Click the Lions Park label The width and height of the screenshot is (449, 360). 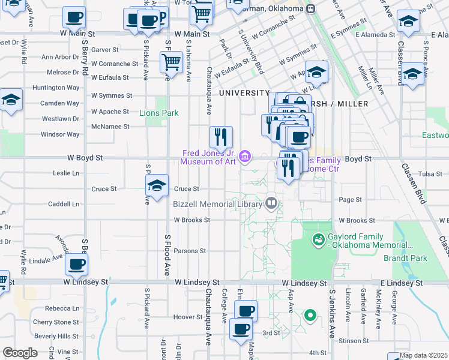pos(159,113)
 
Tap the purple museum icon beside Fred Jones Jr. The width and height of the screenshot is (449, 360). pos(245,157)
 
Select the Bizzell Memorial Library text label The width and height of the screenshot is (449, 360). pos(217,204)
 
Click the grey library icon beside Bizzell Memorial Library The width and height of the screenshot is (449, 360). pos(271,203)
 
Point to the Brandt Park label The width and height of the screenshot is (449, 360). pos(405,258)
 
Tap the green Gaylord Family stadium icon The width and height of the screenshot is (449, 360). pos(318,240)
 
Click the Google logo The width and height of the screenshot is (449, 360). pos(20,353)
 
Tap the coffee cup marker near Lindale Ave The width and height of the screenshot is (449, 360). pos(77,265)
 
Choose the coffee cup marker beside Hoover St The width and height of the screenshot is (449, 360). pos(246,311)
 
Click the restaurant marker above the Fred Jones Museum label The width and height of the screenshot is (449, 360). pos(221,137)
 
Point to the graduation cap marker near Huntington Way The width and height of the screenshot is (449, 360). pos(11,100)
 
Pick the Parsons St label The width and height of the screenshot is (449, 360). pos(190,251)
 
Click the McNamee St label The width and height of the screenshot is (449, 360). pos(110,127)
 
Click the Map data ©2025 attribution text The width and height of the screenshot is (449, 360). pos(423,355)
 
